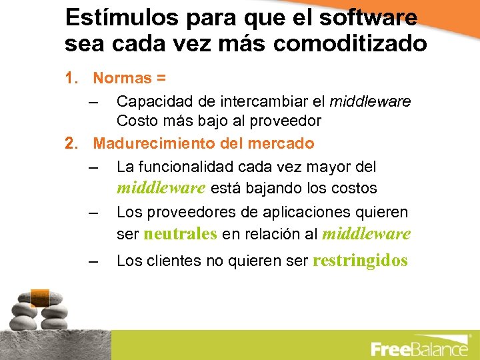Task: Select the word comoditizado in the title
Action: pos(351,44)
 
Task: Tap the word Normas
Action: pos(122,79)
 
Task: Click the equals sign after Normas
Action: pos(161,79)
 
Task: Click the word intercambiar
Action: pos(266,102)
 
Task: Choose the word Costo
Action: pos(135,121)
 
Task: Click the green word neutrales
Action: pos(180,234)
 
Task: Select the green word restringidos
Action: pos(360,261)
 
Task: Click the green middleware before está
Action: pos(161,189)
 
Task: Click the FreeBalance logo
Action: pos(419,348)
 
